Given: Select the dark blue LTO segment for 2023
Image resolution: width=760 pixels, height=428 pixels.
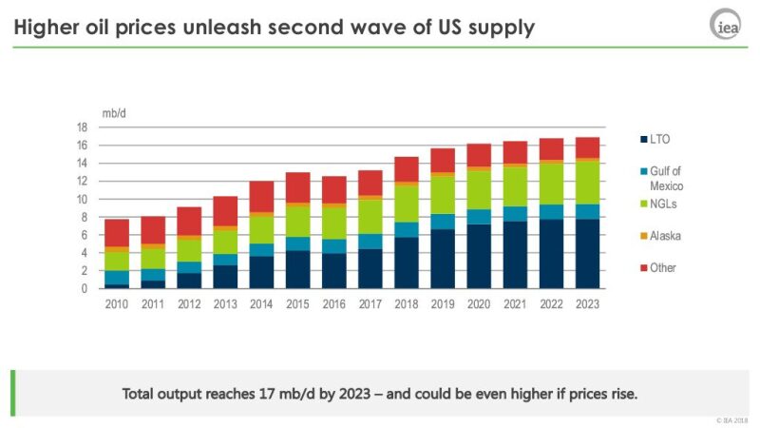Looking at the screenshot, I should click(x=588, y=253).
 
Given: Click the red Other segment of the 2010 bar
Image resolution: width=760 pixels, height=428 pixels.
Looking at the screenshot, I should click(x=116, y=233).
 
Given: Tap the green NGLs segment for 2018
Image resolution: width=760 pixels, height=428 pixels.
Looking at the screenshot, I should click(x=407, y=203).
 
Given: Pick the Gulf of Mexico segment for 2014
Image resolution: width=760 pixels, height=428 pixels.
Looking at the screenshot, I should click(x=261, y=250).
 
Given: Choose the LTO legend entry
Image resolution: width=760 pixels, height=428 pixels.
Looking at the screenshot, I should click(x=661, y=140).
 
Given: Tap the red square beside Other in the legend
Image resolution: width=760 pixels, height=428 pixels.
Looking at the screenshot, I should click(x=643, y=268).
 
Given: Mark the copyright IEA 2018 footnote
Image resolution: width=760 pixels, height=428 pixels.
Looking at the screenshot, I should click(x=731, y=419).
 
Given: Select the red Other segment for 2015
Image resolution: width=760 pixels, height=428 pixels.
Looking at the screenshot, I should click(x=297, y=187).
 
